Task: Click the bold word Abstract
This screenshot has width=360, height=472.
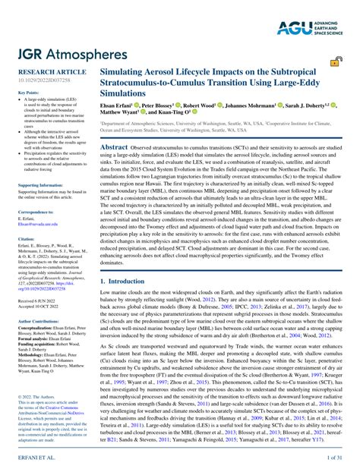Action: [x=115, y=147]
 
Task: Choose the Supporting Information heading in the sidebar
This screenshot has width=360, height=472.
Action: [x=46, y=184]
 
